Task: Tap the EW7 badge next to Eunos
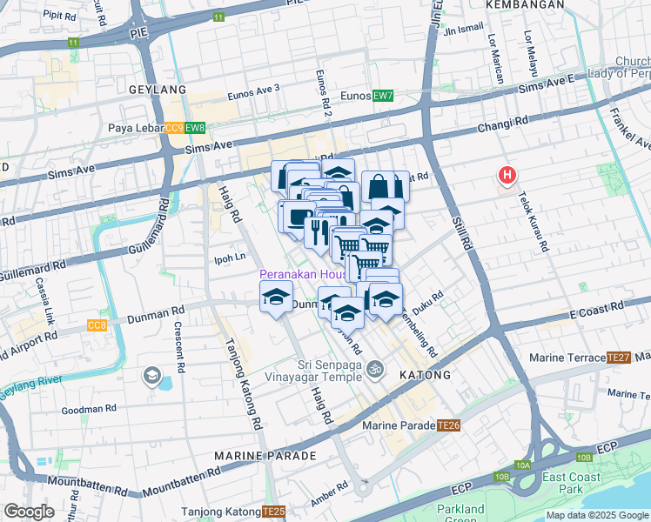point(382,96)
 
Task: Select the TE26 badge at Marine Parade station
point(448,425)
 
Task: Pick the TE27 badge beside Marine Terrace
point(619,358)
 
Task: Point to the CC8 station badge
point(97,325)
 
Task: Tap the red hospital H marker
point(507,176)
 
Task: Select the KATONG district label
point(425,375)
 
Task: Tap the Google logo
point(29,512)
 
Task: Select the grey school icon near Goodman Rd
point(152,376)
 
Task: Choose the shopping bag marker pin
point(385,186)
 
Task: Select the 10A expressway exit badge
point(522,465)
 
